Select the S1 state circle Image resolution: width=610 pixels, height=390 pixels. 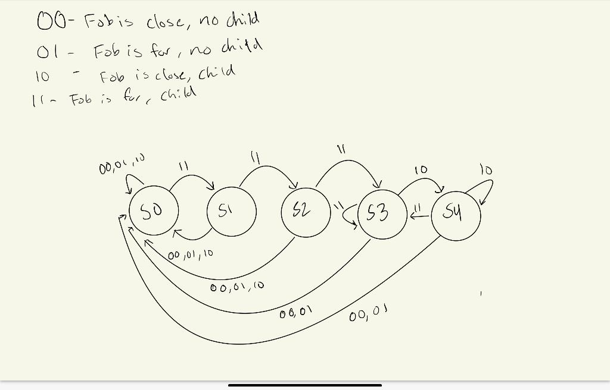click(x=232, y=212)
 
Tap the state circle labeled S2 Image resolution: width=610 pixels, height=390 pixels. click(x=306, y=212)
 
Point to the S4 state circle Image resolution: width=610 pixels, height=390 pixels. click(x=456, y=215)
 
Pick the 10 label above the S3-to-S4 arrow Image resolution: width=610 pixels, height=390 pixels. click(x=421, y=170)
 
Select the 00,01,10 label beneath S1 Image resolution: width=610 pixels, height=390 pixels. click(x=190, y=254)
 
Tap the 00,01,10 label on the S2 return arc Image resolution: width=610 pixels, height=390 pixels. click(x=237, y=287)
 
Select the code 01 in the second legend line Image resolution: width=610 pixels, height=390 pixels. click(x=46, y=52)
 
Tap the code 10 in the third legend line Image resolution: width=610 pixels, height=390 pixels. click(x=43, y=76)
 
